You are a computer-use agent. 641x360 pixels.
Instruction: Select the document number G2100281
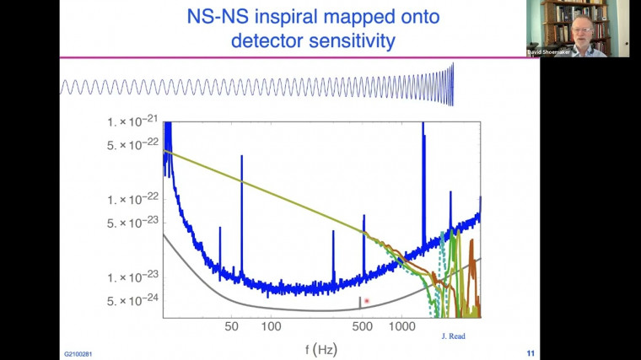click(78, 354)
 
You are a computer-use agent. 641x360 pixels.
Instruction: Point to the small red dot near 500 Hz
click(367, 301)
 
